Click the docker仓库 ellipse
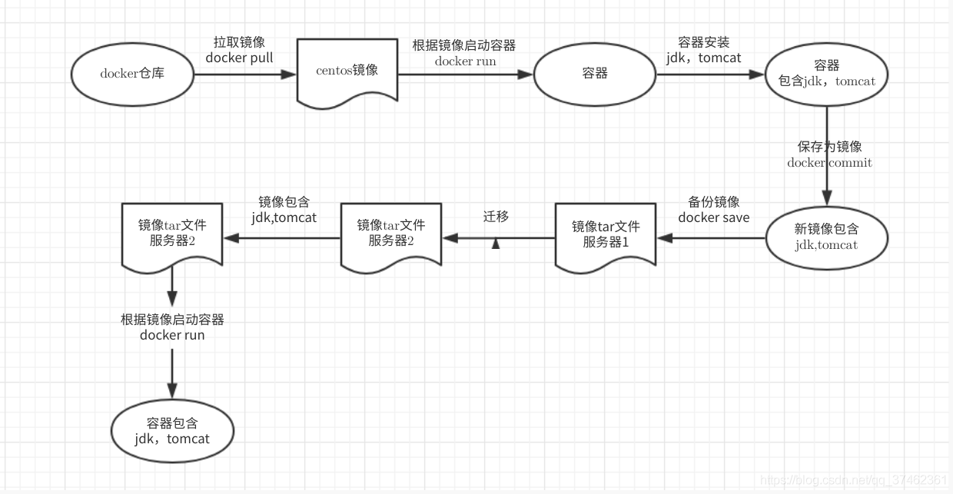pos(132,75)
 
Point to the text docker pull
pos(239,58)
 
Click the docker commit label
pos(829,163)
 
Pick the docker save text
pos(713,217)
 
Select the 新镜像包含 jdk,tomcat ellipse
pos(826,237)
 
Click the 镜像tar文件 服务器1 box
pos(605,234)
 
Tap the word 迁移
pos(496,217)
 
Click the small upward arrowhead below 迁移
pos(496,244)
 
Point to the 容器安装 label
pos(703,42)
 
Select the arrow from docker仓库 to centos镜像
pos(244,75)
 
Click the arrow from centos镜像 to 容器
pos(466,75)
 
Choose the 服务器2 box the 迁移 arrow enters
pos(390,234)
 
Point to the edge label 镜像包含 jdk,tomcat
pos(284,210)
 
